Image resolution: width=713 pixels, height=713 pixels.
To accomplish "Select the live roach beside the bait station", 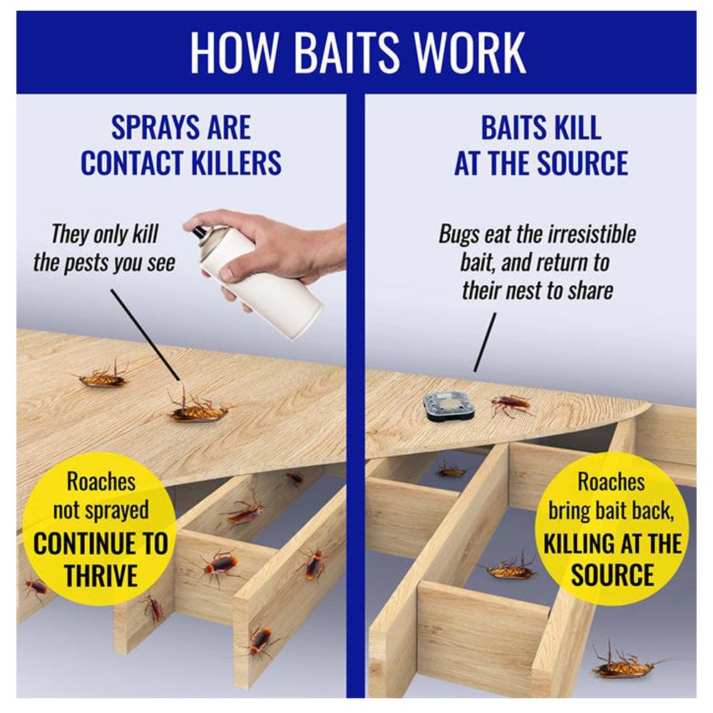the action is point(511,404).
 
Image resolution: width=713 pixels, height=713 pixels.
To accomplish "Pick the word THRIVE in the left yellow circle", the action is point(101,575).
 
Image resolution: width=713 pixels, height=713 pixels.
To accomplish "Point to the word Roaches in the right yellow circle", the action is point(611,482).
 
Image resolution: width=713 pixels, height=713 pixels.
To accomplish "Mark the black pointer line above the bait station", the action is point(485,342).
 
